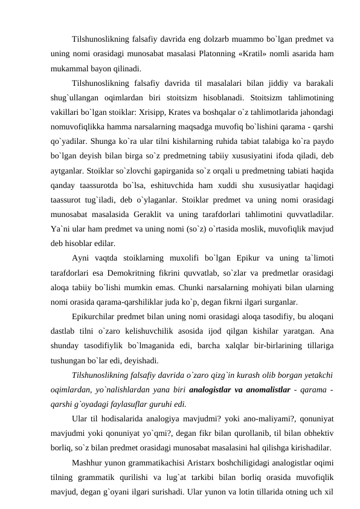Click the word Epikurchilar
96,316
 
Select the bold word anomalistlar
295,389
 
